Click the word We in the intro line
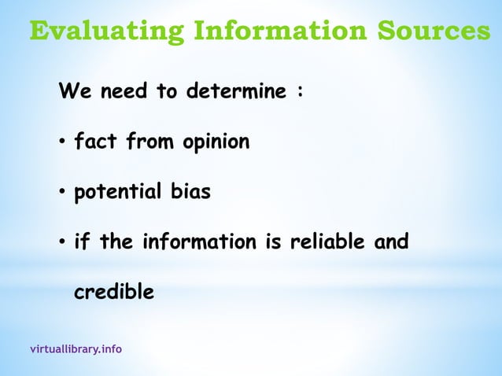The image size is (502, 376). [x=72, y=92]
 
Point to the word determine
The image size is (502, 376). [x=235, y=92]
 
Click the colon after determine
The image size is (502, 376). [x=299, y=93]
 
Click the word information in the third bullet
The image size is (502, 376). [x=199, y=242]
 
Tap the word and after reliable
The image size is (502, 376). [x=390, y=242]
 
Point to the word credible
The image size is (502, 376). [x=113, y=292]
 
